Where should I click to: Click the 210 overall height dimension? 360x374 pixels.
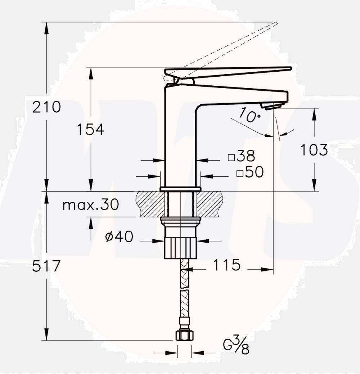tap(47, 107)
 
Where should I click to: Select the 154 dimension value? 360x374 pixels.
tap(90, 129)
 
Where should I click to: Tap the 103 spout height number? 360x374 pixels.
tap(314, 150)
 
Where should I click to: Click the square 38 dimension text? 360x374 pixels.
tap(242, 157)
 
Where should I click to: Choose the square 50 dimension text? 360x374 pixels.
tap(251, 172)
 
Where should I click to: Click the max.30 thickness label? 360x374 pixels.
tap(90, 205)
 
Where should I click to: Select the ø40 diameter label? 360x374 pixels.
tap(119, 236)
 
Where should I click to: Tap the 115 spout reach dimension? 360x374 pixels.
tap(226, 265)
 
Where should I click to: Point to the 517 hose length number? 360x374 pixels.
tap(47, 266)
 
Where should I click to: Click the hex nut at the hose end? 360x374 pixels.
tap(184, 335)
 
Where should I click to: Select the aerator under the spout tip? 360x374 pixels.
tap(273, 105)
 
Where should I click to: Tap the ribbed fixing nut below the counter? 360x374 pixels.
tap(180, 247)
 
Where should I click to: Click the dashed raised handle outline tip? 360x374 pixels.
tap(275, 24)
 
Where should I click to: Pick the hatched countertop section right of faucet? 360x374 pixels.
tap(211, 203)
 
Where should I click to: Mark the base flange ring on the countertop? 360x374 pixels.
tap(180, 189)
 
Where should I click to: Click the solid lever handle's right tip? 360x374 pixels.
tap(290, 68)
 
